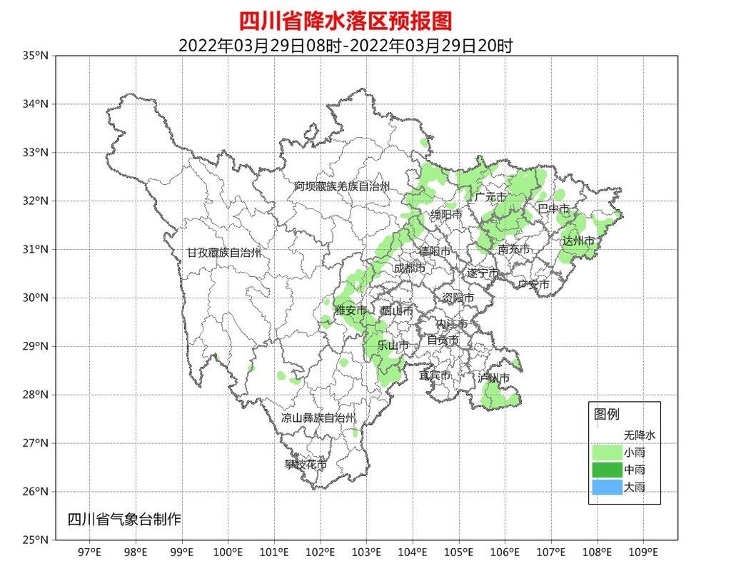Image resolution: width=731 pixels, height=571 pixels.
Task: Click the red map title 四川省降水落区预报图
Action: [x=345, y=20]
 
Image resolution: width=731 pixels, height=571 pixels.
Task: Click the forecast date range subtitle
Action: [x=345, y=45]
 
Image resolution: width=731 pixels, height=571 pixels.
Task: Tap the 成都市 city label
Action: [x=409, y=268]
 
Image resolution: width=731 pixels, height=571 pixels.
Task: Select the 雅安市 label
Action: [x=351, y=310]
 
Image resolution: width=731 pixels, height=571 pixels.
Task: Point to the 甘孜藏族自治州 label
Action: [x=224, y=253]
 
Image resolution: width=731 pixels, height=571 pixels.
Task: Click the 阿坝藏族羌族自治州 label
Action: [x=342, y=186]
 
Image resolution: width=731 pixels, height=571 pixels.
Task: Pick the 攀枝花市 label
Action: [x=306, y=465]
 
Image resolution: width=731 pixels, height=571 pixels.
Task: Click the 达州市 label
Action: [x=578, y=241]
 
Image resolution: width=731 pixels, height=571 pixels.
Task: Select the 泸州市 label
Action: [x=495, y=378]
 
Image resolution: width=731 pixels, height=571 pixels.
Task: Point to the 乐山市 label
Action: [x=393, y=345]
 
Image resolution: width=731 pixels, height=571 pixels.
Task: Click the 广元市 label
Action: [x=490, y=197]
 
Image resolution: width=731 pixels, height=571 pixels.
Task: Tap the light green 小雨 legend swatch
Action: [x=606, y=453]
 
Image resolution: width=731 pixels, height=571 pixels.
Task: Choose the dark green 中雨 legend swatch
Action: [x=606, y=470]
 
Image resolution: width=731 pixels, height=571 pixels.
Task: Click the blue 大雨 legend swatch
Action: [x=606, y=487]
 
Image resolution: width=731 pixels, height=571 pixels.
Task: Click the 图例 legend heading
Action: [x=607, y=414]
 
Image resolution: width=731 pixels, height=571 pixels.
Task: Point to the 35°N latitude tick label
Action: [x=35, y=56]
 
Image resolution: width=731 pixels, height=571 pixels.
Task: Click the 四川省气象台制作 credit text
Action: [x=124, y=519]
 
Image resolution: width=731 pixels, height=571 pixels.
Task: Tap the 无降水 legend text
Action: [x=639, y=434]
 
